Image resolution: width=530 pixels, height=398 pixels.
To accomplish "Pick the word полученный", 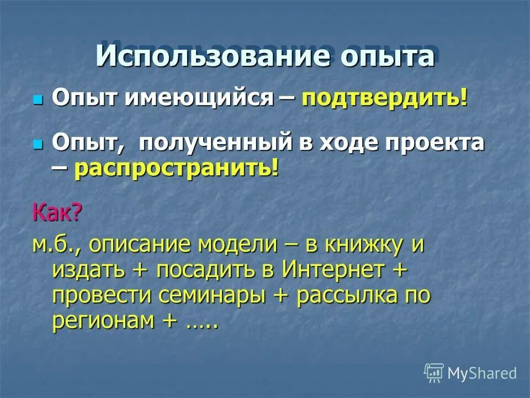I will tap(215, 143).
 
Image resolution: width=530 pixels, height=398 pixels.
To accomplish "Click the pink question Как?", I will tap(57, 211).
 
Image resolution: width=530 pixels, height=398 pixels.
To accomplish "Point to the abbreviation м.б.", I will tap(55, 244).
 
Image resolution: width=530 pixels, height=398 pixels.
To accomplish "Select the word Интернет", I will tap(332, 270).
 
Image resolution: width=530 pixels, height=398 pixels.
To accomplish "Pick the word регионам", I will tap(97, 321).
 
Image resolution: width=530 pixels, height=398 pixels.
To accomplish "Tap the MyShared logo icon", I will tap(434, 373).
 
